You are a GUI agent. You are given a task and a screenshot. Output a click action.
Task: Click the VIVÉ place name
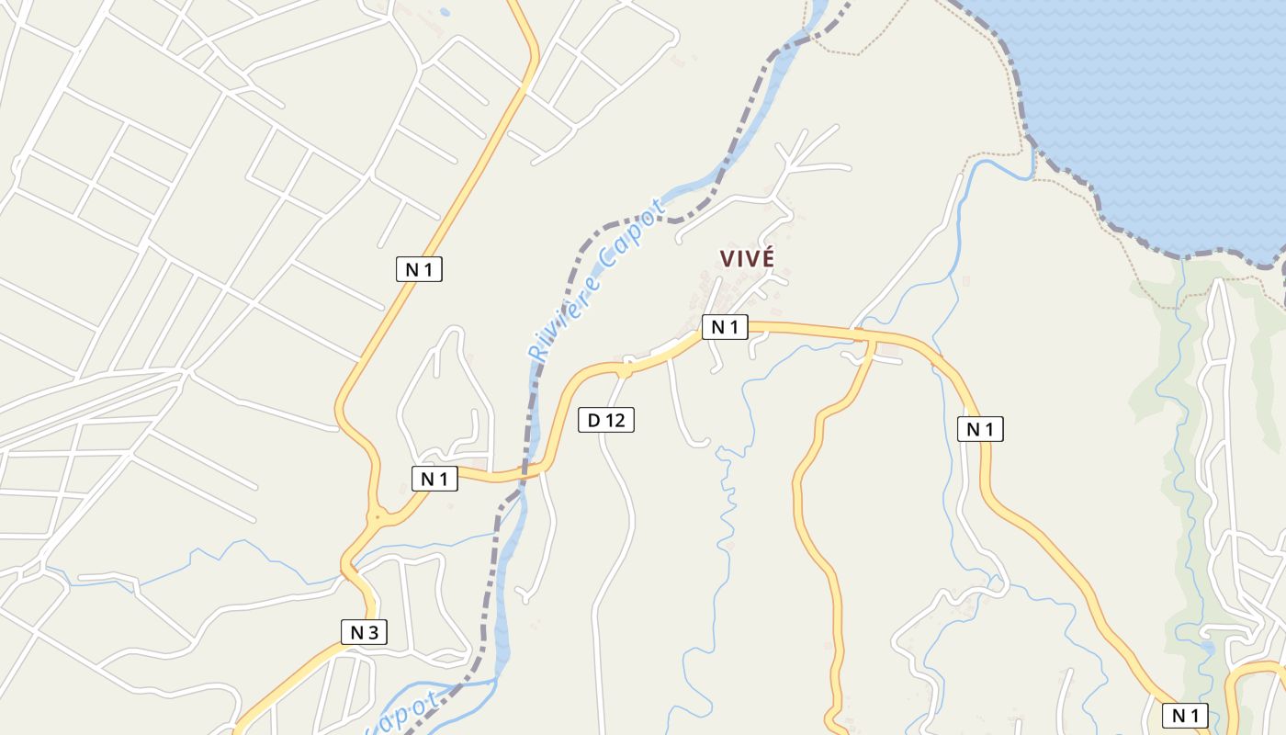[747, 259]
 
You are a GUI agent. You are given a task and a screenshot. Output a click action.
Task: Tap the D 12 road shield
[606, 420]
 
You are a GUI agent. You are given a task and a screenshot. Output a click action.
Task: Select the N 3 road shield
[364, 632]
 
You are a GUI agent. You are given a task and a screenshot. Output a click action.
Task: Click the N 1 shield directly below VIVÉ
[725, 327]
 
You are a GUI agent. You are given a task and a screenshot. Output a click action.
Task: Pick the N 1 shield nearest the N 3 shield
[434, 478]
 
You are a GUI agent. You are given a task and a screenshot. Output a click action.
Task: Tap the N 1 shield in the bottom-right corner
[1185, 716]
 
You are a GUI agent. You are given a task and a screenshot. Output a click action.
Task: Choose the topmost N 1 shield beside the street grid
[419, 269]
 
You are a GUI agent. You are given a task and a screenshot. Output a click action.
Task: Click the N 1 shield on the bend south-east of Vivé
[980, 428]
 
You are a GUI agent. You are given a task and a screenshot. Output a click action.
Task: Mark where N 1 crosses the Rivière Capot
[530, 473]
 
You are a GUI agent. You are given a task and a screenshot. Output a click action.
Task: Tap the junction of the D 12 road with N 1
[626, 368]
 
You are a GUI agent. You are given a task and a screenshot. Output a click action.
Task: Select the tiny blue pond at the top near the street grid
[446, 13]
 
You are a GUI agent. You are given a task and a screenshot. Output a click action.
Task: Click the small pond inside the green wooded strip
[1207, 649]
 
